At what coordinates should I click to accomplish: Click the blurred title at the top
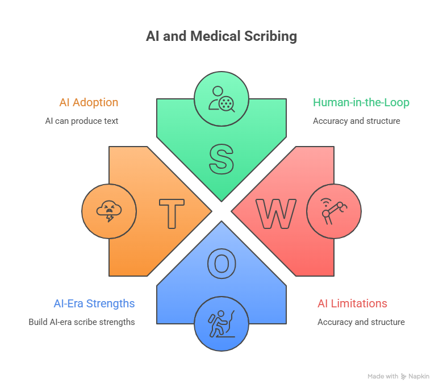[x=221, y=37]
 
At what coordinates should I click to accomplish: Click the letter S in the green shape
[x=221, y=159]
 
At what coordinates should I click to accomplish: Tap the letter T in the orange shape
[x=171, y=214]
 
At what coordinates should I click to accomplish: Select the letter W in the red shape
[x=276, y=214]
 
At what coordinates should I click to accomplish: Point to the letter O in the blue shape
[x=221, y=264]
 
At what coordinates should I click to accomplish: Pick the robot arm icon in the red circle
[x=334, y=211]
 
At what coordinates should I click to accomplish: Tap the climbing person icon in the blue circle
[x=221, y=324]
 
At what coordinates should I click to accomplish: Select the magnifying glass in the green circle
[x=227, y=103]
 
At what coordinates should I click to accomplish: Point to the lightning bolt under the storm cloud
[x=110, y=218]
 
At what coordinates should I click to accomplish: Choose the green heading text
[x=361, y=103]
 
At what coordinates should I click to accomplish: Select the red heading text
[x=352, y=304]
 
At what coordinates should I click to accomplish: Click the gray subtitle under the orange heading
[x=82, y=122]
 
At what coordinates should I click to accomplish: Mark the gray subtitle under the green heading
[x=348, y=122]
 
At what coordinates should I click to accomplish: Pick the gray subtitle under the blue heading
[x=82, y=323]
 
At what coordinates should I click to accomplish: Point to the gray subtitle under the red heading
[x=359, y=323]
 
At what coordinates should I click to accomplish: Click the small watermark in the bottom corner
[x=397, y=377]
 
